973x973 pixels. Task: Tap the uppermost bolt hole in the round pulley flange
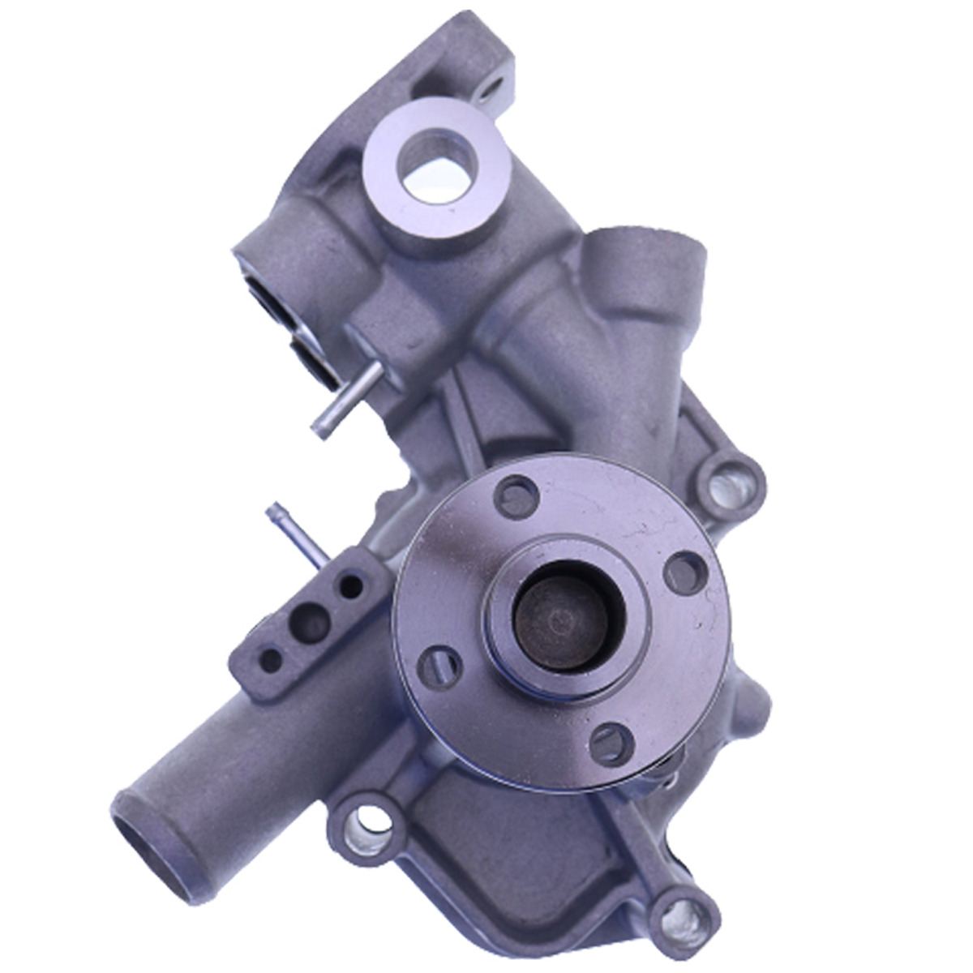point(517,496)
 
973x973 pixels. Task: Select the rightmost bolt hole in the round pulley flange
point(685,572)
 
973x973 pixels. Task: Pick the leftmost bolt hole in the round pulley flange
point(439,667)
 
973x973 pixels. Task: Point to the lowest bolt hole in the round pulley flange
point(609,744)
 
